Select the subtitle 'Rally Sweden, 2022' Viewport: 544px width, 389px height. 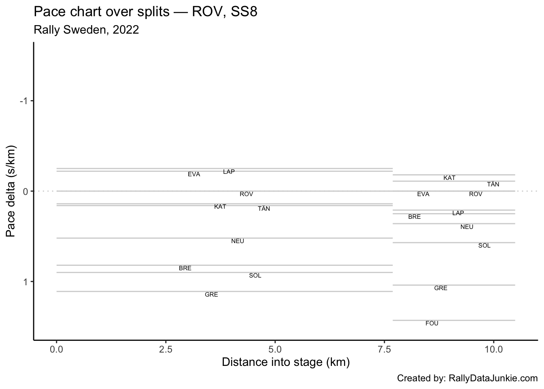(86, 30)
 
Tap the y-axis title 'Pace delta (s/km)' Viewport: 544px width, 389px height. (11, 191)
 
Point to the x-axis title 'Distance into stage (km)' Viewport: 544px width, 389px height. (285, 362)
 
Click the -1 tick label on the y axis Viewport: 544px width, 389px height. (24, 101)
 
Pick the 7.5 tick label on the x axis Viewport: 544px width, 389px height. (384, 349)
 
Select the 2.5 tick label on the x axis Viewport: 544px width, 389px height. (166, 349)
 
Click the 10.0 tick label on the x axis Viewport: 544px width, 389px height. (493, 349)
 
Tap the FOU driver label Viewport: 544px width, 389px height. (432, 323)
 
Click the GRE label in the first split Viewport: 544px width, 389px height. (211, 295)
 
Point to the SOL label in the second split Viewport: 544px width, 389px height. (484, 246)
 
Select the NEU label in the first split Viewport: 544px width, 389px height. (238, 241)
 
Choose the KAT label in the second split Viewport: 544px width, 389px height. (449, 178)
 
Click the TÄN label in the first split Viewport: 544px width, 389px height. (264, 209)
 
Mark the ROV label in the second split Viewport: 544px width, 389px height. (476, 194)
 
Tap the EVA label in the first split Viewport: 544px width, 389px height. (194, 174)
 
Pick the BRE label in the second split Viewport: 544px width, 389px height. (414, 217)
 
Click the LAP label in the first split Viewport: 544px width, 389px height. (229, 172)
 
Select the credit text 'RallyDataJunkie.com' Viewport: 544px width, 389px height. (493, 378)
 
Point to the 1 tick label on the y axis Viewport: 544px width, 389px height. (25, 282)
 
